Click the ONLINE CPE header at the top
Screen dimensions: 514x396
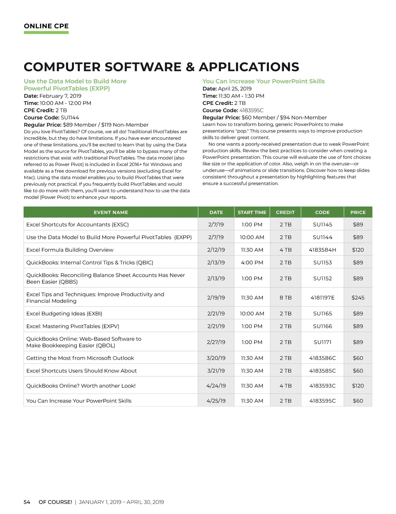(x=46, y=26)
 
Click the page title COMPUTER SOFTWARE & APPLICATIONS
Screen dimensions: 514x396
(x=161, y=67)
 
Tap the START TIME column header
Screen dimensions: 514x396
(x=252, y=212)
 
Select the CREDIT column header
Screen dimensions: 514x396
(x=285, y=212)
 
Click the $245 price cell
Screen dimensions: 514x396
(x=358, y=298)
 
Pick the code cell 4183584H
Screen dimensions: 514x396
(x=322, y=250)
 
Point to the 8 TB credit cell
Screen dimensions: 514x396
(x=285, y=298)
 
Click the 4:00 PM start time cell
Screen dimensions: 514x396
(x=252, y=263)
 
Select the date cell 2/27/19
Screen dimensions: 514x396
(x=216, y=342)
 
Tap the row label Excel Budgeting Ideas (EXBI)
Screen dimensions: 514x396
(x=64, y=313)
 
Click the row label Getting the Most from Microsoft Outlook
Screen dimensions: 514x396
(x=80, y=358)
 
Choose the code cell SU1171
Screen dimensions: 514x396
(x=322, y=342)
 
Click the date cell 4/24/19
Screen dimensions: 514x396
(x=216, y=386)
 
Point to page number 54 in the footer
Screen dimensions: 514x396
(x=27, y=502)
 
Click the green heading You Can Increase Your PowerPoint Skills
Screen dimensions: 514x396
(x=263, y=81)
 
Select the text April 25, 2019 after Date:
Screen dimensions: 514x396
(x=235, y=89)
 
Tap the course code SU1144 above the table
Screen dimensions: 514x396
(x=70, y=117)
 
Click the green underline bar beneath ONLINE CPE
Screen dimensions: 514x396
(x=46, y=33)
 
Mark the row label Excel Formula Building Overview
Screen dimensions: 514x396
(x=70, y=250)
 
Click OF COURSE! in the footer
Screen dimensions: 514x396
(x=55, y=502)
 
